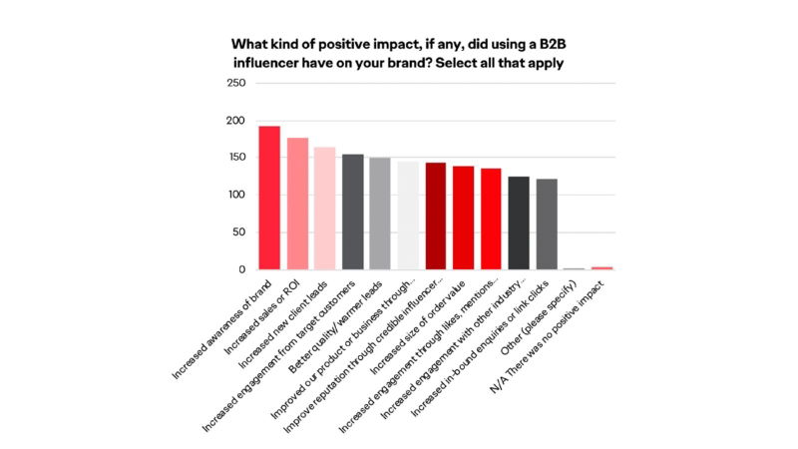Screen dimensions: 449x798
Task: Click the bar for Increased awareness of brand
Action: tap(269, 198)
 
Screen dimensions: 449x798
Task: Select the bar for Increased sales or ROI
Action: tap(297, 204)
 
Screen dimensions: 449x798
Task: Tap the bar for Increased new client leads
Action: tap(324, 209)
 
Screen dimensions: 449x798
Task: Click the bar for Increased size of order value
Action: tap(463, 218)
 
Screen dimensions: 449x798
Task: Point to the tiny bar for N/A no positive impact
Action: tap(601, 267)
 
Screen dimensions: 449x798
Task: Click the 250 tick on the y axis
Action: tap(236, 83)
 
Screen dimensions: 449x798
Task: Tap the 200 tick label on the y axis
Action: tap(236, 121)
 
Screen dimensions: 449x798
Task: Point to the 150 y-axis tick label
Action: tap(236, 158)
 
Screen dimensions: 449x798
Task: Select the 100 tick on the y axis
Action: tap(236, 195)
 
